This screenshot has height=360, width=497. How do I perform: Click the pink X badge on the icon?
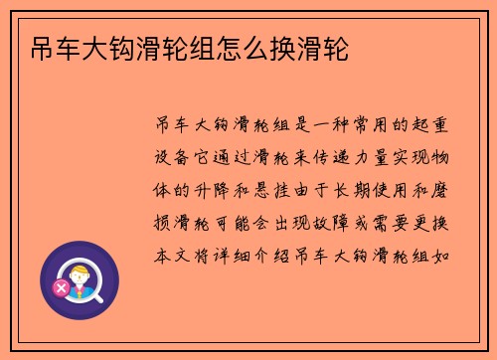tap(63, 288)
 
